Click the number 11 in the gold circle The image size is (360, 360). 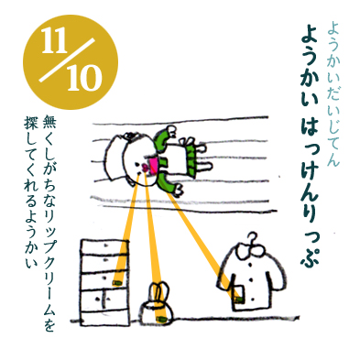click(55, 41)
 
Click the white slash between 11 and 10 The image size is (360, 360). click(67, 60)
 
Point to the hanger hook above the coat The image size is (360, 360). click(253, 238)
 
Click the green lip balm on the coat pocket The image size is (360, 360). click(240, 299)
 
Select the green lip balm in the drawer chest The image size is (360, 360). click(116, 283)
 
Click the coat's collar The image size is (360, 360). click(252, 250)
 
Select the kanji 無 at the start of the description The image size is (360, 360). click(49, 121)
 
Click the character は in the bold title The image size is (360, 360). click(310, 125)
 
